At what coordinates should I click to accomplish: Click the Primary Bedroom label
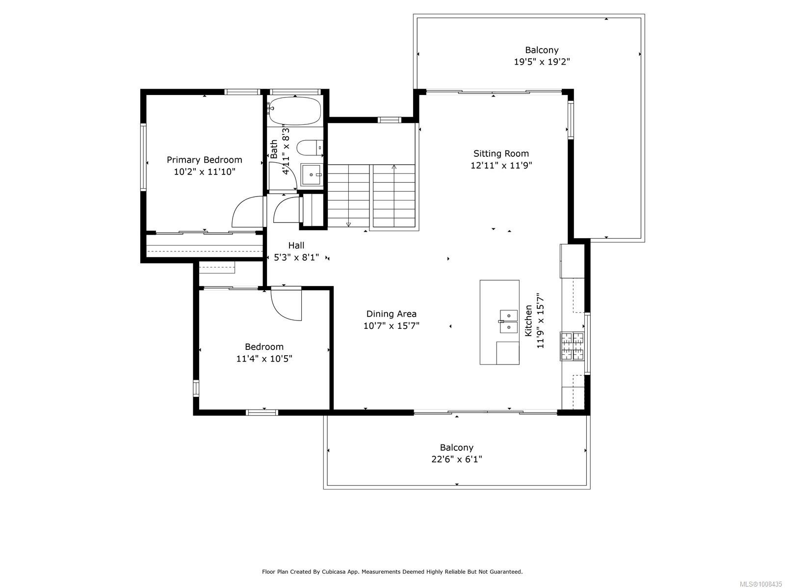click(204, 160)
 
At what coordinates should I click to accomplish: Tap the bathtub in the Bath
click(294, 110)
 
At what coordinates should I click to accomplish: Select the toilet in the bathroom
click(310, 147)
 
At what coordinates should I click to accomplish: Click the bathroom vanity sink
click(311, 174)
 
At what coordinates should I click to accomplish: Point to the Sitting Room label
click(501, 153)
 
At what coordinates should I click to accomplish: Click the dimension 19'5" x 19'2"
click(542, 62)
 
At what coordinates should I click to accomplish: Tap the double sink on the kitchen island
click(509, 321)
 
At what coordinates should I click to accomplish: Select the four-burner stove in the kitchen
click(572, 346)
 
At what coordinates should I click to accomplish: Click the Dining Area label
click(391, 314)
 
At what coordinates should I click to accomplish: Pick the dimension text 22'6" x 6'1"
click(456, 459)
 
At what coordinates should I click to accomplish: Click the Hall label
click(296, 245)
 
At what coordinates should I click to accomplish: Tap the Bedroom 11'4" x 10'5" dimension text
click(264, 359)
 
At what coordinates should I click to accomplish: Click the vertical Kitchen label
click(528, 320)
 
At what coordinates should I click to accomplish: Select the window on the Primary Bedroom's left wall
click(144, 157)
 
